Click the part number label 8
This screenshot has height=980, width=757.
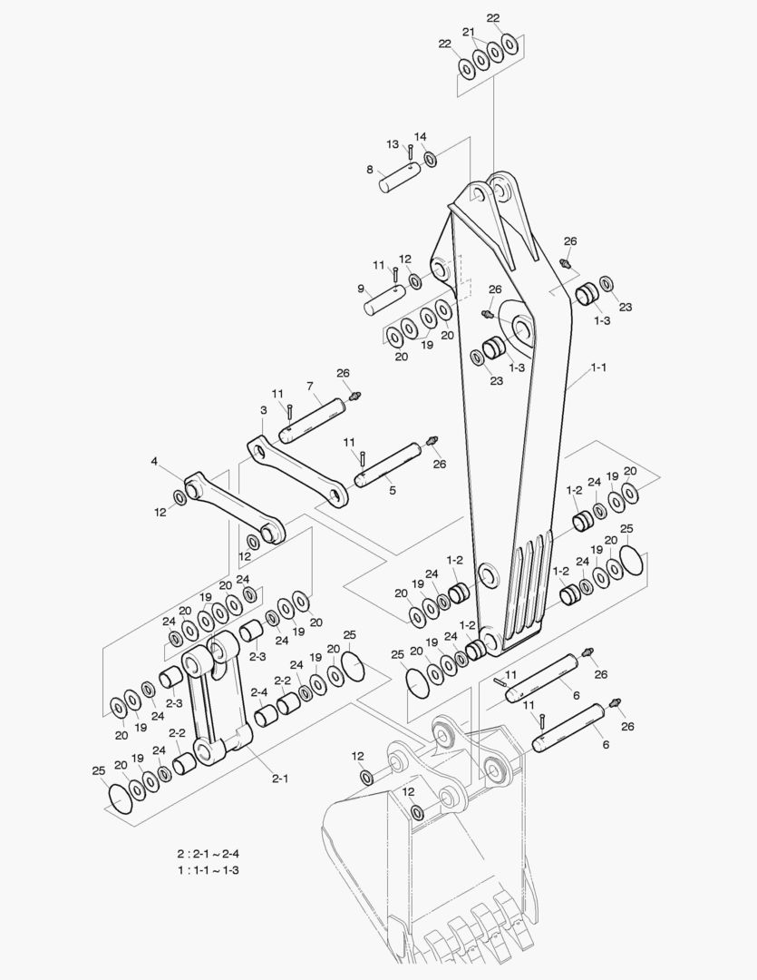pos(370,169)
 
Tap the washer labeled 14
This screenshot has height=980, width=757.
pos(430,160)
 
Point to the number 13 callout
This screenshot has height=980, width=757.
pos(393,144)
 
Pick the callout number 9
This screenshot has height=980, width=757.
pos(360,289)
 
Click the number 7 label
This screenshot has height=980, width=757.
pos(309,386)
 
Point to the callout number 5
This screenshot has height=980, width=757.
pos(393,491)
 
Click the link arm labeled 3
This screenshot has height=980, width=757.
pos(298,472)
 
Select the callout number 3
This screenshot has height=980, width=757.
pos(264,410)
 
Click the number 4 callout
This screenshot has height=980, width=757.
pos(155,462)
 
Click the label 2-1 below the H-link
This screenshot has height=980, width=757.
pos(280,777)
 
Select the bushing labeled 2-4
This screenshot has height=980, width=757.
pos(267,717)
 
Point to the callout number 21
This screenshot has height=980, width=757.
pos(469,32)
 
